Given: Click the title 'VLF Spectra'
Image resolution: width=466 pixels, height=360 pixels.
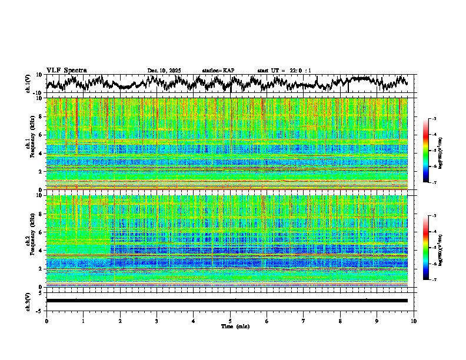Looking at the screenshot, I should (66, 70).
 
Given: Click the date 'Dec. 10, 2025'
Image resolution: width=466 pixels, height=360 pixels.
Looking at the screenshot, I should (164, 71).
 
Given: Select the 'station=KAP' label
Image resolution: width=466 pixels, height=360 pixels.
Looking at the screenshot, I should (218, 71).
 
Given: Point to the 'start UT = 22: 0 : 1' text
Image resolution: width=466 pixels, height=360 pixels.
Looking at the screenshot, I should (284, 71).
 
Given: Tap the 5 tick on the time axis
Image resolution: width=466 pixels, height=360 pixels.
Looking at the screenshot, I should (230, 321).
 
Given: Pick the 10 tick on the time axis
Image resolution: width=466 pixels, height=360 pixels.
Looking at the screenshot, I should (414, 321).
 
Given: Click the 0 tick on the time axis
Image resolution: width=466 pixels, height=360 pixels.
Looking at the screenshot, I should (46, 321).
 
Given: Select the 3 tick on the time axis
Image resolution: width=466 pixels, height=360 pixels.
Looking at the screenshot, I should (157, 321).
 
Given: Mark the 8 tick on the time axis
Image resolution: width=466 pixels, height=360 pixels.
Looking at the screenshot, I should (340, 321).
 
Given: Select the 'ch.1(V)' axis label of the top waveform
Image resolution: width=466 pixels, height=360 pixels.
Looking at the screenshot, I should (29, 84).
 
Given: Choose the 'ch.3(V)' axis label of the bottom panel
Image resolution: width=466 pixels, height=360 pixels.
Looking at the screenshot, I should (29, 301).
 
